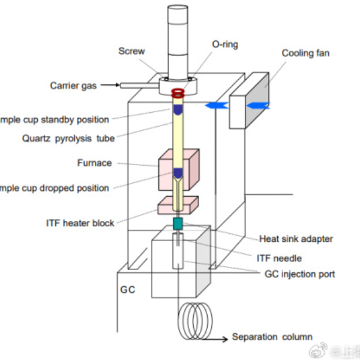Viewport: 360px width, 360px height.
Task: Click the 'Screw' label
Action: [x=131, y=51]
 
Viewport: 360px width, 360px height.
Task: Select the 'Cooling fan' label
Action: [x=305, y=53]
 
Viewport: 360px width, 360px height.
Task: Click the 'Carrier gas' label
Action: [x=73, y=86]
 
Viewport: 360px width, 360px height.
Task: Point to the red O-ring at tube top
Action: [x=178, y=94]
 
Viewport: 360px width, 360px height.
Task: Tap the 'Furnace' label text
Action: [x=94, y=163]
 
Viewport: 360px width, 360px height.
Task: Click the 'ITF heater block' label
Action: [x=80, y=223]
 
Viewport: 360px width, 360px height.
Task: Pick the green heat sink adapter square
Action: [x=178, y=224]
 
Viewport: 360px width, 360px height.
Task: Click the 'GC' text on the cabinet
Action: [x=127, y=290]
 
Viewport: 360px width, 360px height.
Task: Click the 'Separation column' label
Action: [x=272, y=337]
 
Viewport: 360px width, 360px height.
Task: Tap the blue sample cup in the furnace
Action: [x=178, y=173]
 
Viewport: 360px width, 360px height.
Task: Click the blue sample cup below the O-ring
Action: [x=178, y=110]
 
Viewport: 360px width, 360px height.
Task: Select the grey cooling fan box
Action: [x=249, y=101]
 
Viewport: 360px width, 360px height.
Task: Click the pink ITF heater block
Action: [x=178, y=205]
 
